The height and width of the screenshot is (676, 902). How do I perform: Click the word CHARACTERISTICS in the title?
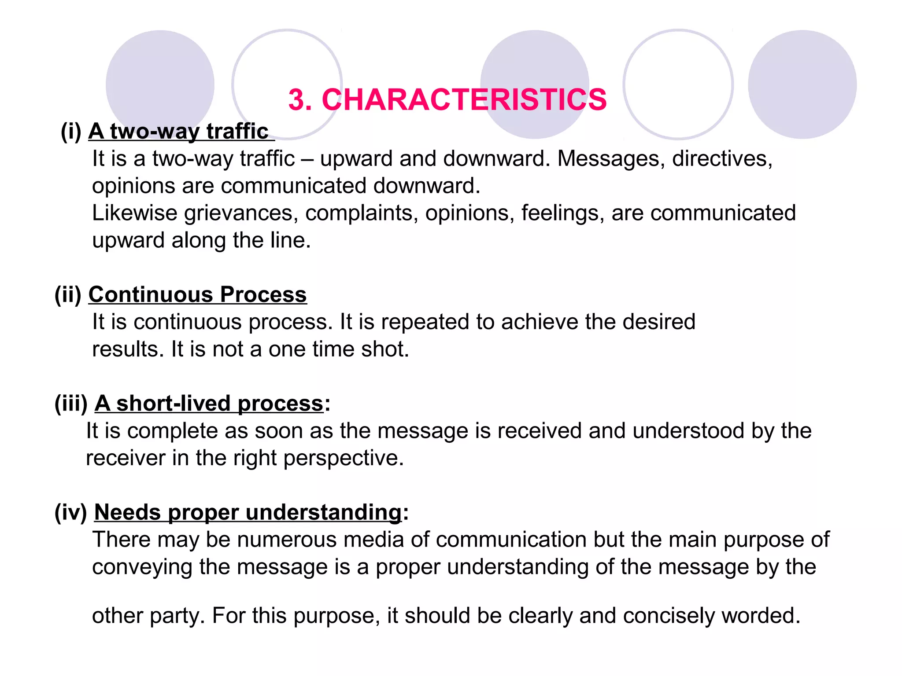pos(464,99)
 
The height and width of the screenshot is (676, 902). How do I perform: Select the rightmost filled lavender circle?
pos(802,84)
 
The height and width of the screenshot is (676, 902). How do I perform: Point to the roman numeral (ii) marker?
pos(68,294)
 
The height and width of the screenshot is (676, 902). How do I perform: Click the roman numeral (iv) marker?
pos(70,512)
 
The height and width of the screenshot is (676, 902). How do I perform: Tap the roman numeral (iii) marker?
pos(71,403)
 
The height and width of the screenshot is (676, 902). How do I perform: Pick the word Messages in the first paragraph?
pos(611,158)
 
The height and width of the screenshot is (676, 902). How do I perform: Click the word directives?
pos(722,158)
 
